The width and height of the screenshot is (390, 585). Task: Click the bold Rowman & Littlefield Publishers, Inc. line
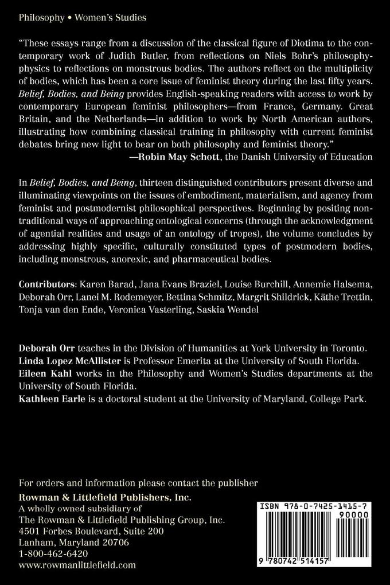click(105, 497)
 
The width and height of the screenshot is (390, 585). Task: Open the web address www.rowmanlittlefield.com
click(77, 565)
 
